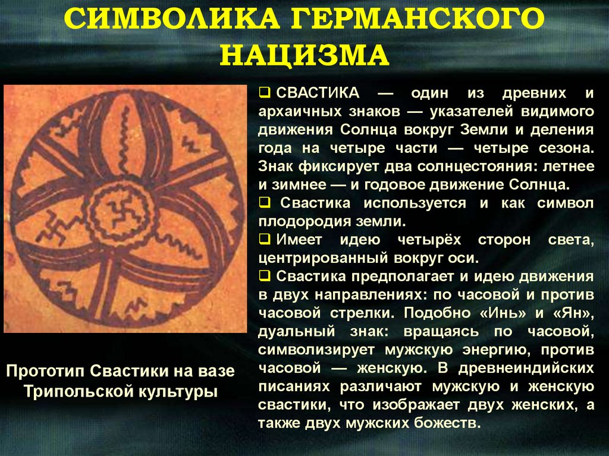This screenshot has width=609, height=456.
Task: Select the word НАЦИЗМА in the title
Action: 304,56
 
